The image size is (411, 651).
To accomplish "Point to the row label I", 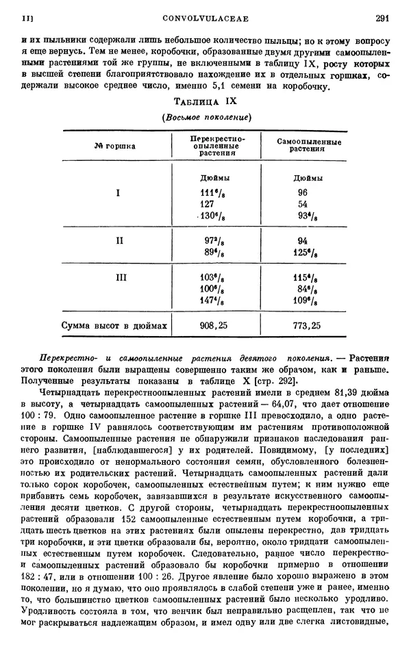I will (x=119, y=192).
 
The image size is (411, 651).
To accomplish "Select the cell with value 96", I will (x=303, y=192).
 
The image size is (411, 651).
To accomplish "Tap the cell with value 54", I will (x=303, y=204).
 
